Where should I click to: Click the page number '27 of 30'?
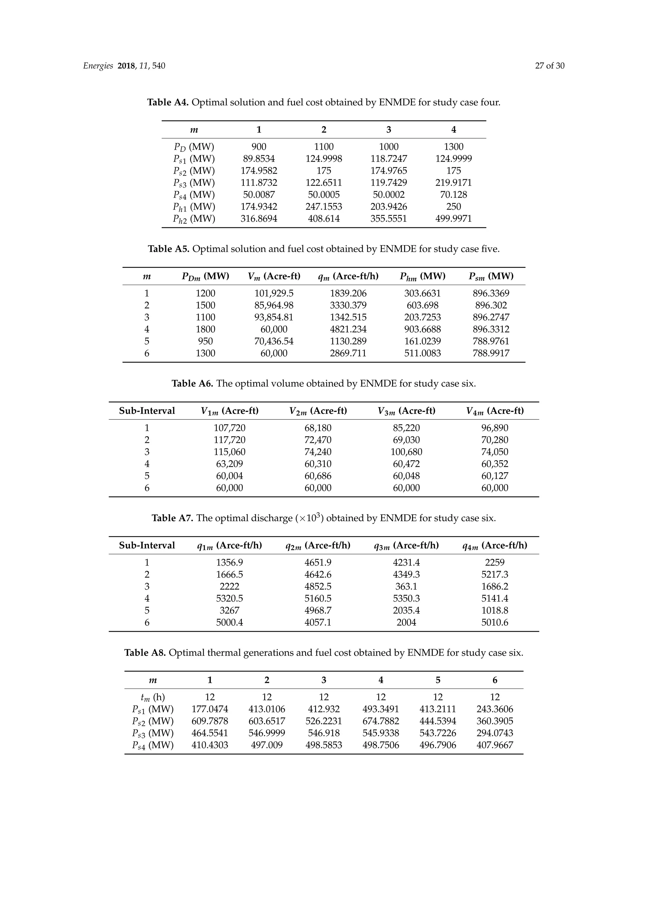550,66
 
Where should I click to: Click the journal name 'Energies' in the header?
98,66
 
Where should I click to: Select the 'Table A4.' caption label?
168,102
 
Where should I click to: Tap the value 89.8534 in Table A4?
259,159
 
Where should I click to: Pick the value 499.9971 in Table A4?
453,219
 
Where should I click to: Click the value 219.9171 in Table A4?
453,183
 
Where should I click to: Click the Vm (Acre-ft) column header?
274,276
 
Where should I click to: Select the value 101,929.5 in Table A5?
274,293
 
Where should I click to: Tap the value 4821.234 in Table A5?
348,329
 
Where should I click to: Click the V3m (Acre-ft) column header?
406,411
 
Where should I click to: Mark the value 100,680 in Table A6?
406,452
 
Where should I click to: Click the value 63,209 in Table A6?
229,464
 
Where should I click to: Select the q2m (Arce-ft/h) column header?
318,545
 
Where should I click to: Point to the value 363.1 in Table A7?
406,586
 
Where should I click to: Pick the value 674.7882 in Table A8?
381,721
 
